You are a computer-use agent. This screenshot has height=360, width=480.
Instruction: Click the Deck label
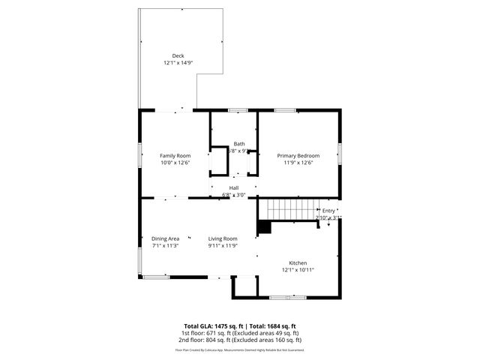point(178,55)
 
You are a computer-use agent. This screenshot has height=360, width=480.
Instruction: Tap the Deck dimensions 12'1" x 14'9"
point(178,63)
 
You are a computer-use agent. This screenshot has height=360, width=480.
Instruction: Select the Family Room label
point(175,155)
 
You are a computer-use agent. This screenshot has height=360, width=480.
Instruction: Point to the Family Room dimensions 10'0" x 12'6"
point(175,163)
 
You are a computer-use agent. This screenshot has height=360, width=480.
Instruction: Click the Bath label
point(238,144)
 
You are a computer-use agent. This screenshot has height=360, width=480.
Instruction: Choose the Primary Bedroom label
point(297,155)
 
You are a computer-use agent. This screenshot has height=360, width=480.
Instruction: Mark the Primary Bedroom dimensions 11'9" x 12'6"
point(297,163)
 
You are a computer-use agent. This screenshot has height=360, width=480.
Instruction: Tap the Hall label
point(234,187)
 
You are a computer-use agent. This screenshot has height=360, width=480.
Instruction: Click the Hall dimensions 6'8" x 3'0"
point(234,195)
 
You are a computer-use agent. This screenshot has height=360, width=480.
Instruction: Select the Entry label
point(329,211)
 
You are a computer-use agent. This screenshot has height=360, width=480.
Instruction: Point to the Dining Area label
point(165,238)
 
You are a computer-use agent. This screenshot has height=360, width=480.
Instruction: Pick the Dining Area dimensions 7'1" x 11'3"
point(165,246)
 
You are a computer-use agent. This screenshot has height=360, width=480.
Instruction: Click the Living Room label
point(223,238)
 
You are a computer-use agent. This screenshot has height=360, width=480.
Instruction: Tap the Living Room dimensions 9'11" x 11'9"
point(223,246)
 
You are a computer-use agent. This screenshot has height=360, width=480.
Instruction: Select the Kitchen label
point(298,262)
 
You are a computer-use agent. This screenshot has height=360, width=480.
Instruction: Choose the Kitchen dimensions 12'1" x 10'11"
point(298,270)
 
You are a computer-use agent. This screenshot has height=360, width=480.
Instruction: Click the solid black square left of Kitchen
point(263,227)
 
